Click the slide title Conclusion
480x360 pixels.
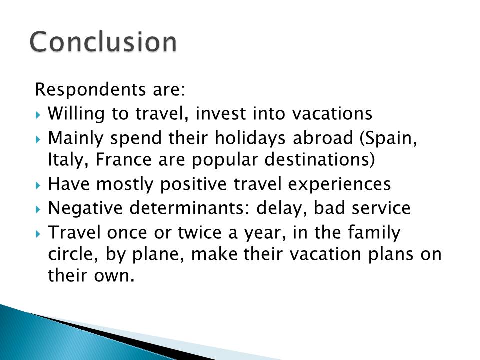coord(103,41)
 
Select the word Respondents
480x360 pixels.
coord(90,90)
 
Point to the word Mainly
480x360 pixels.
coord(76,138)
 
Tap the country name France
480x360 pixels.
coord(123,159)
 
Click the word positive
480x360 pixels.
coord(193,184)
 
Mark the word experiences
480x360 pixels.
coord(340,184)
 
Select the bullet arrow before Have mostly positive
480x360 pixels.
coord(38,185)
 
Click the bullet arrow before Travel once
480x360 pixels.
coord(38,234)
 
